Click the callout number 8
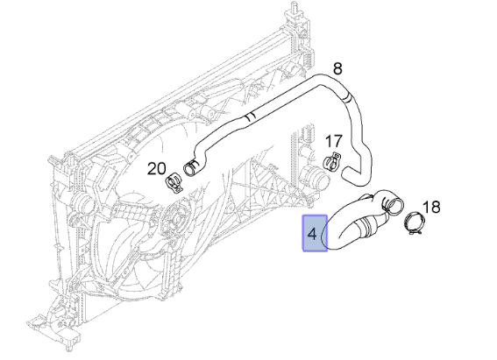click(x=337, y=68)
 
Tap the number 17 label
click(x=334, y=141)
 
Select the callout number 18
click(x=431, y=207)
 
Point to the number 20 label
click(x=157, y=168)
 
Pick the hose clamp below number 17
click(x=331, y=161)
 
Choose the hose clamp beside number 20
click(x=174, y=183)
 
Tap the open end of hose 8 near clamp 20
click(x=191, y=168)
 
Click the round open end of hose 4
click(x=396, y=205)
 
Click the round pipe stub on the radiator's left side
click(x=80, y=201)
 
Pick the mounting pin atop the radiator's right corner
click(x=293, y=10)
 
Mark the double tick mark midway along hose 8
click(x=251, y=116)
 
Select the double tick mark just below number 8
click(x=348, y=98)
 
